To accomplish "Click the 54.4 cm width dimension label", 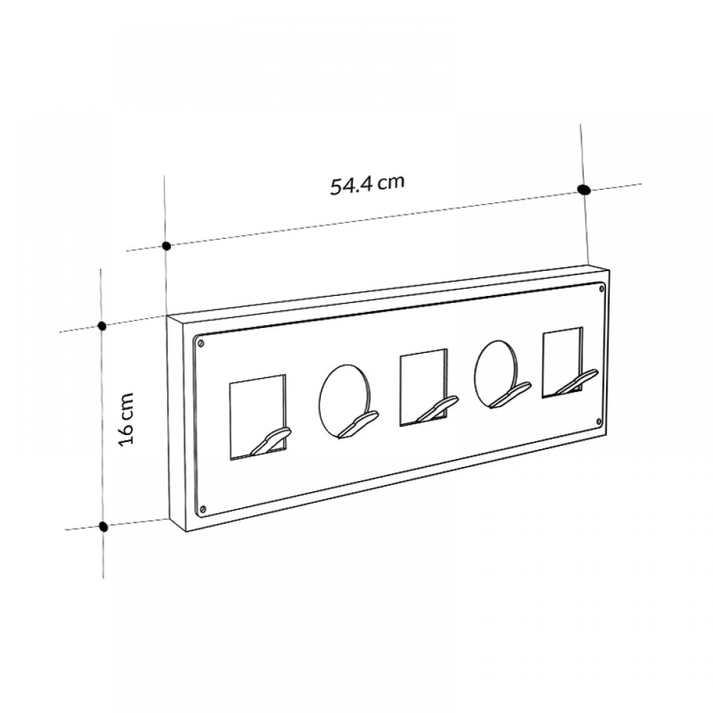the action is [x=367, y=184].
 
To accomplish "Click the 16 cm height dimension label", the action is [x=126, y=419].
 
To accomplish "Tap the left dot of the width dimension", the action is [x=167, y=246].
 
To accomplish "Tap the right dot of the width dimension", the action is [x=583, y=190].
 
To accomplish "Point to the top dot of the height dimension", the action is [x=102, y=326].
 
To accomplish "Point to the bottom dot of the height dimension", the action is [x=103, y=527].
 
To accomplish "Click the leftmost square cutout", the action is [x=258, y=417].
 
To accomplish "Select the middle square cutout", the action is [x=424, y=387].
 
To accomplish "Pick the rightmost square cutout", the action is [x=563, y=363].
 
